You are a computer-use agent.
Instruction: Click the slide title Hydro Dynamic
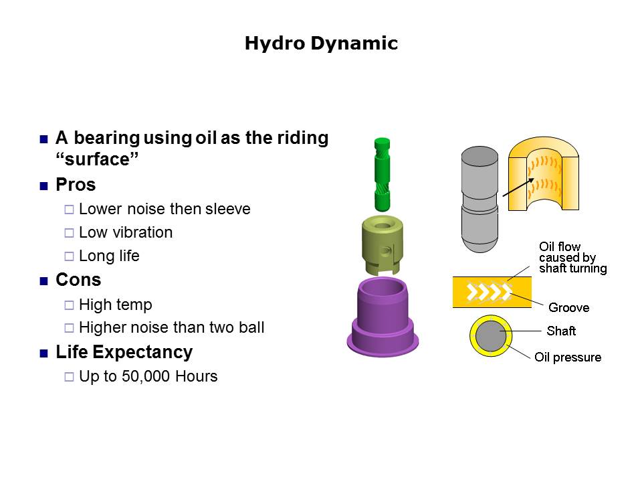321,44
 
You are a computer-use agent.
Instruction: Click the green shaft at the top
382,174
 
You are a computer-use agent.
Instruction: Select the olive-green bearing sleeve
383,246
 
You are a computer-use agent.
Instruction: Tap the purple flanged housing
383,317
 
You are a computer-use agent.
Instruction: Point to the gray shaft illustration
479,199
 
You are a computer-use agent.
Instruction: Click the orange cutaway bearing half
543,174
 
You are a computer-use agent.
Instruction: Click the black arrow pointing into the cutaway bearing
518,187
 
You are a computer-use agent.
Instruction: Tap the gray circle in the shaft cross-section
490,335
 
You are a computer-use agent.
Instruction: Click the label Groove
568,307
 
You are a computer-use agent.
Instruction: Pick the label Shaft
561,331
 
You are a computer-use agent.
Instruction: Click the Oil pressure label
568,357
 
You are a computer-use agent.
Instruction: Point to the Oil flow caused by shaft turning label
573,257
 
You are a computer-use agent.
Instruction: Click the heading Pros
76,185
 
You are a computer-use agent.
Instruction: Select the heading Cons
78,280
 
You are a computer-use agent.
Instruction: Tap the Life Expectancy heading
124,353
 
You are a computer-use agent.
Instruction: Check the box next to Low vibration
69,233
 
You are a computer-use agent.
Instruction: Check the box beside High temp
69,305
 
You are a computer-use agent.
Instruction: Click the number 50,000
146,376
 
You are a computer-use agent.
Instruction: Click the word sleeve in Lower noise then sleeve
227,209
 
